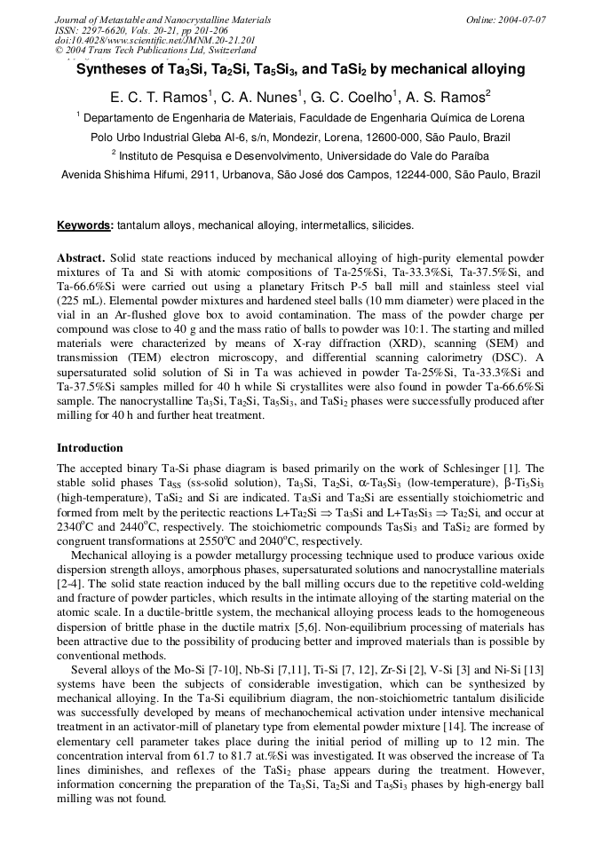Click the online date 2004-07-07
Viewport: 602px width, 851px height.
522,20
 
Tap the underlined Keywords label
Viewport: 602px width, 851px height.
84,226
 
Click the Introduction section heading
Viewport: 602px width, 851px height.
90,448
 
